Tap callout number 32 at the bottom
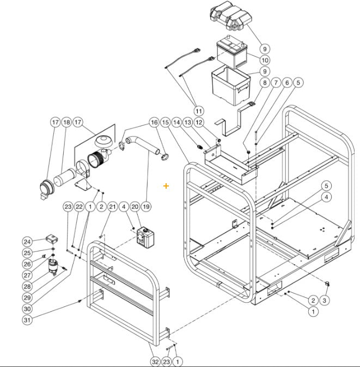(155, 361)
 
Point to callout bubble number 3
(325, 300)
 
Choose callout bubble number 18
(66, 122)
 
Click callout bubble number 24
(27, 242)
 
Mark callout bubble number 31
(27, 320)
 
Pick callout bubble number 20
(135, 207)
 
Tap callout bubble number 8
(265, 82)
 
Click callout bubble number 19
(146, 207)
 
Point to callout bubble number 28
(27, 286)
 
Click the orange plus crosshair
(166, 186)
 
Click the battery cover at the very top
(229, 20)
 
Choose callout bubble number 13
(187, 122)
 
